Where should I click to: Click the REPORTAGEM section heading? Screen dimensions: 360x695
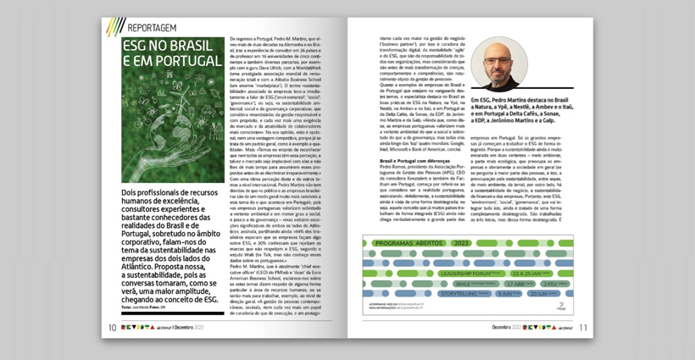coord(155,26)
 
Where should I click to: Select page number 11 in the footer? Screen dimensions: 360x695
coord(582,327)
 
